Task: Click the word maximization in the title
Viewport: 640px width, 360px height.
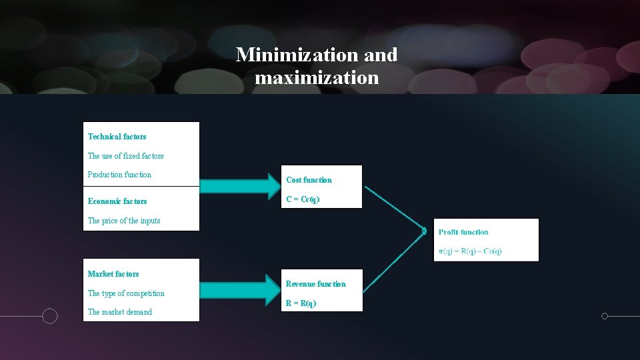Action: pos(317,78)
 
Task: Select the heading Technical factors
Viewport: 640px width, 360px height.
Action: pos(117,137)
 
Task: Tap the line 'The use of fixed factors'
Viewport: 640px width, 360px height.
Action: pos(125,156)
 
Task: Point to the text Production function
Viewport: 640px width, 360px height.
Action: pos(119,175)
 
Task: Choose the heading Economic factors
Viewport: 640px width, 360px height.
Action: pos(117,201)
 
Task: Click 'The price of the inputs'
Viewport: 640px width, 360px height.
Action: pos(124,221)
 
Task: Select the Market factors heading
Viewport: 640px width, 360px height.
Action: pos(113,274)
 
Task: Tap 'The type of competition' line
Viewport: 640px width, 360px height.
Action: pos(126,293)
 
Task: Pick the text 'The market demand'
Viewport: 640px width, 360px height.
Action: pos(120,312)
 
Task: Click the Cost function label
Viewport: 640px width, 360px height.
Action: pos(309,180)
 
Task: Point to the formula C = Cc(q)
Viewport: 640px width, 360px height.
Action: pos(303,199)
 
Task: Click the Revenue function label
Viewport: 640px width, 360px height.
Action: pos(316,284)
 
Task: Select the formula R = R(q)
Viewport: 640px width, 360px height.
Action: pos(301,303)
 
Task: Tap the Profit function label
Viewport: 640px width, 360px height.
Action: pos(463,232)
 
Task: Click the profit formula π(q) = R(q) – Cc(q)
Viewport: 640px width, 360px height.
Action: pos(470,251)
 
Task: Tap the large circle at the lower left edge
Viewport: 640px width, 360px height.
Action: pos(50,316)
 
